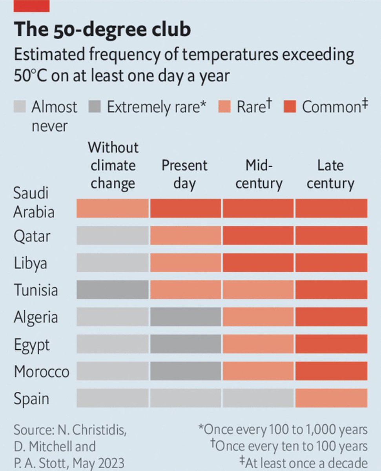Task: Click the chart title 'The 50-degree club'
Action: point(102,29)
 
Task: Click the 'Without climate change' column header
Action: point(113,165)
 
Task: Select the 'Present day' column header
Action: point(184,174)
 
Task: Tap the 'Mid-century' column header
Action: point(259,174)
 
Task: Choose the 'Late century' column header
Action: point(330,174)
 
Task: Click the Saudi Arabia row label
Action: point(34,203)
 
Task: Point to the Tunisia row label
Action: point(36,290)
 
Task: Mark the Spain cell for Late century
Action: point(331,398)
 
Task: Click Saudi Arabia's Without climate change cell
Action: point(113,208)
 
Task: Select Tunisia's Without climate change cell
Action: point(113,290)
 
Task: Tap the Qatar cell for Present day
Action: point(186,235)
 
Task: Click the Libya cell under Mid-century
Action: point(258,263)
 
